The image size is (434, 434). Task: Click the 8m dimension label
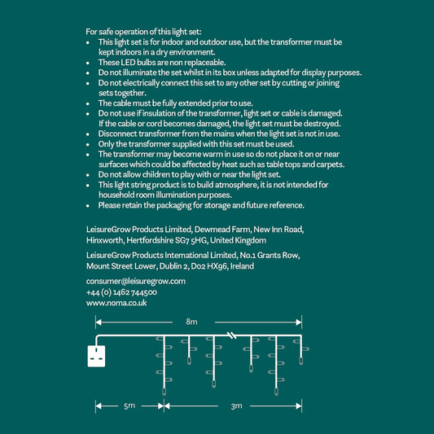(x=191, y=322)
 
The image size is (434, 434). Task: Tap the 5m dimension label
(x=129, y=406)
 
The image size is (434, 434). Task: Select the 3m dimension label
(x=237, y=406)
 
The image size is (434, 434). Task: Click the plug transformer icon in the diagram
(x=96, y=356)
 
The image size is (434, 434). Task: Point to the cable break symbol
(x=232, y=335)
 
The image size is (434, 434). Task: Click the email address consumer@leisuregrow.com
(x=136, y=281)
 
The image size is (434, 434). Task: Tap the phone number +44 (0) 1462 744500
(x=121, y=292)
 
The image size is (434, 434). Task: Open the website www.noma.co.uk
(x=116, y=303)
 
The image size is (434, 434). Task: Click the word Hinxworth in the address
(x=105, y=240)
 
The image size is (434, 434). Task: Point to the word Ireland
(x=242, y=266)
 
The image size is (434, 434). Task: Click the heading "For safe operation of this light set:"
(x=143, y=32)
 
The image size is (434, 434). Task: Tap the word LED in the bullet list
(x=128, y=62)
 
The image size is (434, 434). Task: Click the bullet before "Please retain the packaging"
(x=88, y=206)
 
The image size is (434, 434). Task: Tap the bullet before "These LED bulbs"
(x=88, y=63)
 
